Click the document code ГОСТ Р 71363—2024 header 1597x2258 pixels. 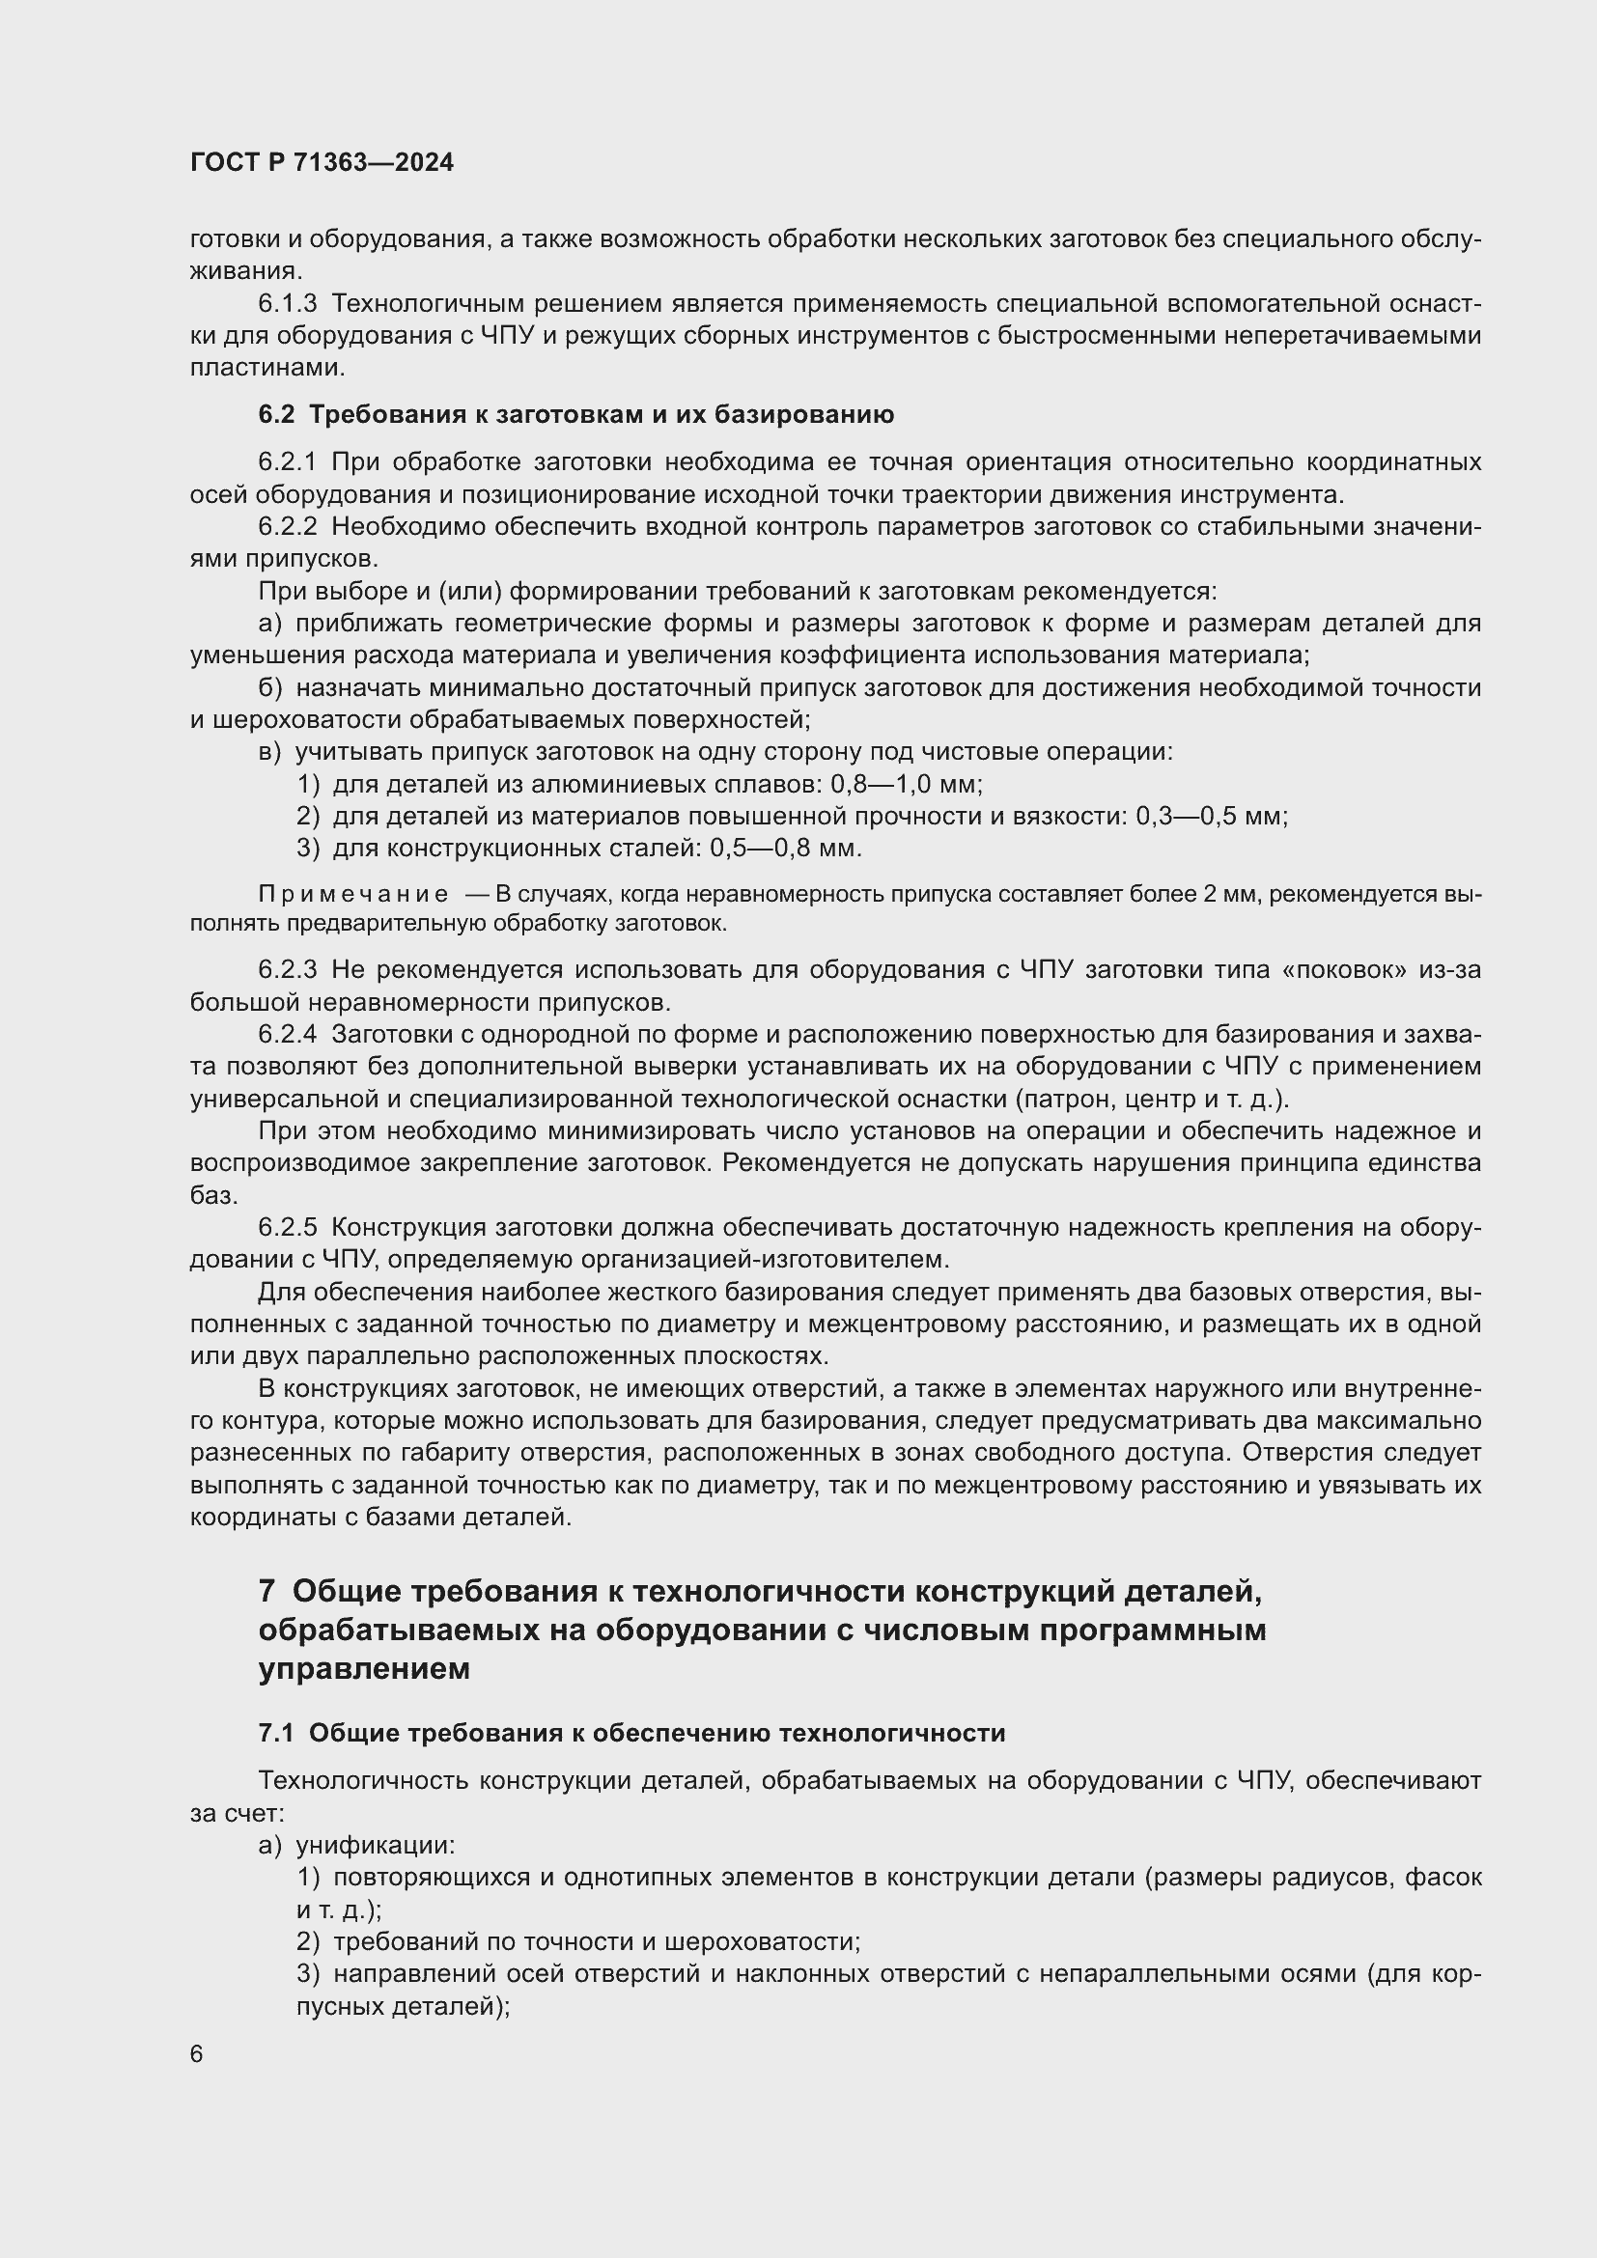point(322,162)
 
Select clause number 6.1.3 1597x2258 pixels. point(287,304)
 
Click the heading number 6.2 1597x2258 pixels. point(276,415)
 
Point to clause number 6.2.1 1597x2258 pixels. point(287,462)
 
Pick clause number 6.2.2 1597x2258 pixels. point(287,527)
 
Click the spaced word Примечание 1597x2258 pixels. point(353,895)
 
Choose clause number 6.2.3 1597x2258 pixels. point(287,970)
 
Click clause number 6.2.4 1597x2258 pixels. point(287,1035)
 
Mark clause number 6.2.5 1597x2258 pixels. point(287,1228)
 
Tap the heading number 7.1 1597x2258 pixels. point(276,1733)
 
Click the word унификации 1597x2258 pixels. point(375,1846)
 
